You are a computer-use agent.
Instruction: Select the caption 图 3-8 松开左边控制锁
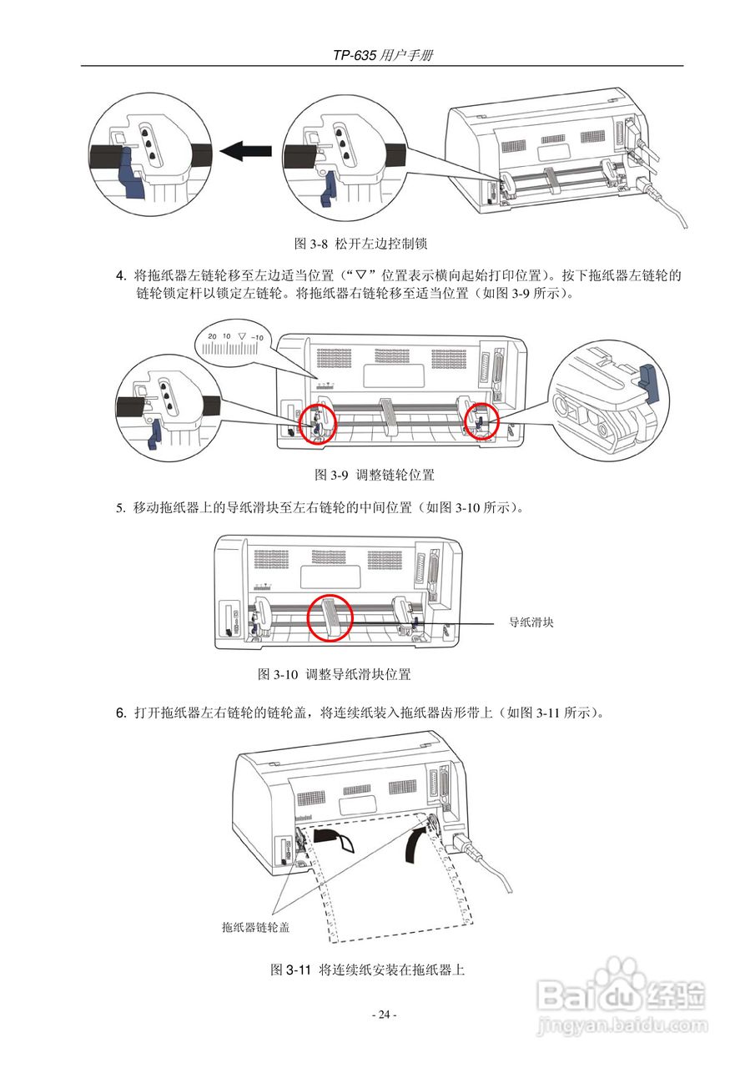(x=361, y=244)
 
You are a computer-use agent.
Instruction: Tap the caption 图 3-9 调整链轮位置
(x=374, y=475)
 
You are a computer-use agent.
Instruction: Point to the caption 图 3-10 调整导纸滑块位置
(x=335, y=674)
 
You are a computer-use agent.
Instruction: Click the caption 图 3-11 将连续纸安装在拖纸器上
(x=367, y=970)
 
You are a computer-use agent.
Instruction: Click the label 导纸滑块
(x=532, y=622)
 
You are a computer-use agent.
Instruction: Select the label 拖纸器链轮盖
(x=255, y=926)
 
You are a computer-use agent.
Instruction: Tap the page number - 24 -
(x=384, y=1015)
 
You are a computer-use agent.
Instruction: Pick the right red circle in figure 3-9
(x=480, y=419)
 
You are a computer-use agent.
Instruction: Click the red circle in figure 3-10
(x=330, y=617)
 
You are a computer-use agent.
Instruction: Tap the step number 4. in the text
(x=121, y=275)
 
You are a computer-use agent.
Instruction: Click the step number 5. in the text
(x=121, y=507)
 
